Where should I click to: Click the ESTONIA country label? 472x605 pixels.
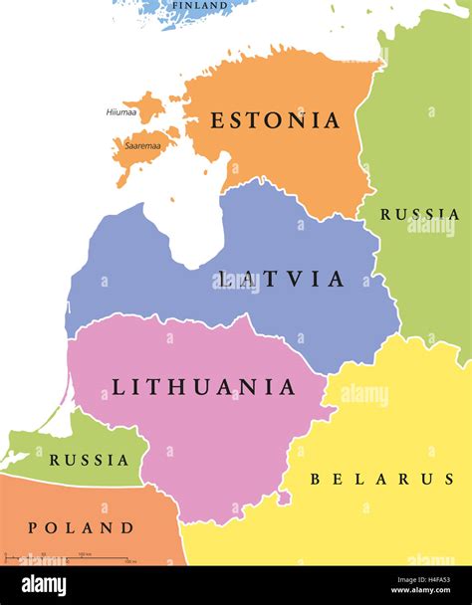(275, 120)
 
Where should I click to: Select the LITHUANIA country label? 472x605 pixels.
(203, 386)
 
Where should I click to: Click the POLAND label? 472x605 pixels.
(81, 527)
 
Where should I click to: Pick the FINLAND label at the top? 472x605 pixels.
(198, 6)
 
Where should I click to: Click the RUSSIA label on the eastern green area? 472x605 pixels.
(419, 214)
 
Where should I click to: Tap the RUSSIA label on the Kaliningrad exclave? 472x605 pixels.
(90, 460)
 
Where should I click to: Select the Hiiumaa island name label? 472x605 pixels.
(121, 111)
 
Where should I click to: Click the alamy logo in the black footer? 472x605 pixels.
(44, 585)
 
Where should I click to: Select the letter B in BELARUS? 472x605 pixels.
(316, 479)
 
